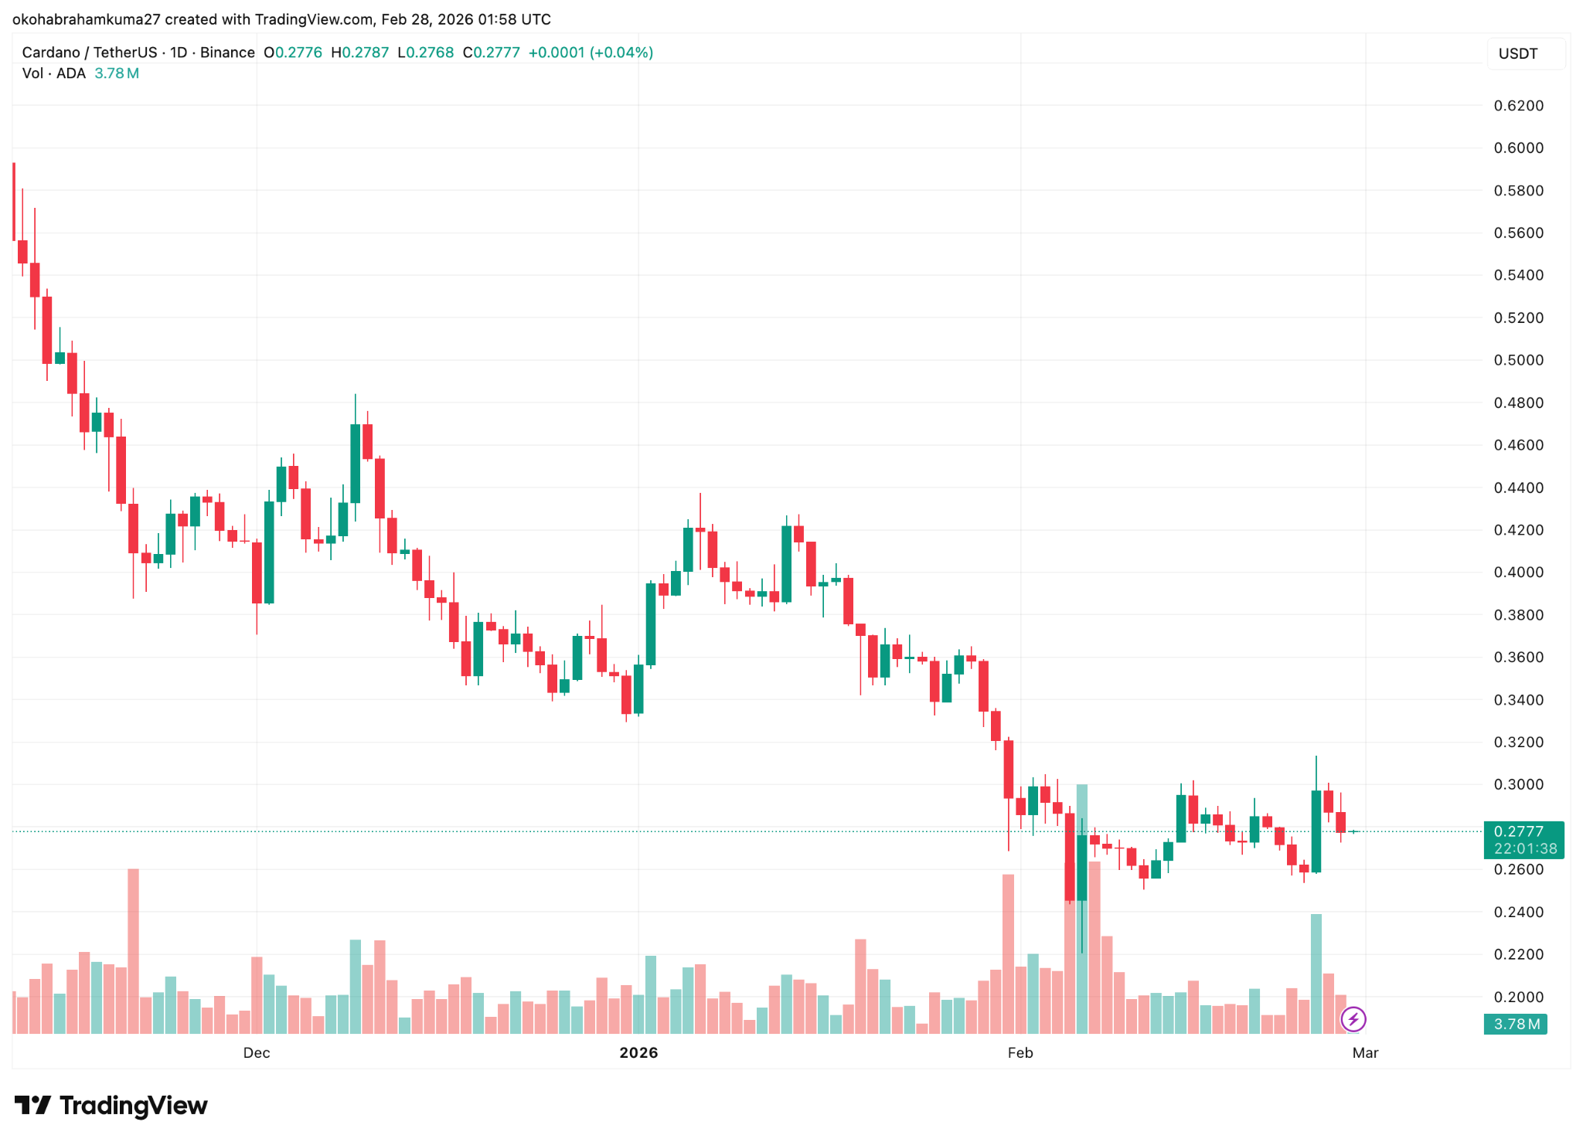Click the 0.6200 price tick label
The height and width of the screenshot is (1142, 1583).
click(x=1518, y=106)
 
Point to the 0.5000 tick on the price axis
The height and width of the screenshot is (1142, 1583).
click(x=1518, y=360)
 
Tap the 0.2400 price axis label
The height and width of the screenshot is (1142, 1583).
click(x=1518, y=913)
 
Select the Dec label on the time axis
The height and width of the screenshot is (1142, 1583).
click(x=257, y=1052)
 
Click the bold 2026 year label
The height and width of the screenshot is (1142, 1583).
click(x=638, y=1052)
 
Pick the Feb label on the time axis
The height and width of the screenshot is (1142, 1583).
click(x=1020, y=1052)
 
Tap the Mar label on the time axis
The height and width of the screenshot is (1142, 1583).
click(x=1365, y=1052)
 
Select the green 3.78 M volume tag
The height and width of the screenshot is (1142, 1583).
click(x=1515, y=1025)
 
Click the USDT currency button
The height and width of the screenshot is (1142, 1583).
click(x=1518, y=54)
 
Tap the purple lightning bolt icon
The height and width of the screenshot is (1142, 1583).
click(x=1353, y=1019)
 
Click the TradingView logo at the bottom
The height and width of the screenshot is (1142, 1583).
click(x=111, y=1106)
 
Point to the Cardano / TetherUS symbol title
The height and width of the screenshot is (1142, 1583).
click(x=90, y=53)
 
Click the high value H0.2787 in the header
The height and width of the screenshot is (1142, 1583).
click(x=359, y=53)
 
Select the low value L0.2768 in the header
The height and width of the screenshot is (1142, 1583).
click(x=425, y=53)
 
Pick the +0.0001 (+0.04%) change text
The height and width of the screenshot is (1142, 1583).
click(x=591, y=53)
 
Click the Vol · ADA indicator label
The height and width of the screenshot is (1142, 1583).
click(x=53, y=73)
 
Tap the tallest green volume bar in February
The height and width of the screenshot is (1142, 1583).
click(x=1081, y=912)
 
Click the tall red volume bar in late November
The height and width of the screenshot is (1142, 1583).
click(x=134, y=950)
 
